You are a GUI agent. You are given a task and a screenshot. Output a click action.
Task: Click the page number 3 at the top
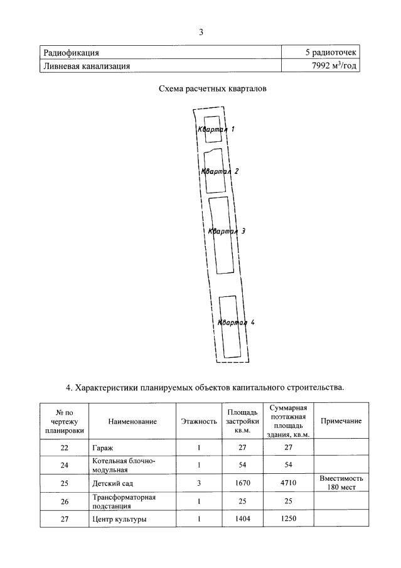pyautogui.click(x=201, y=32)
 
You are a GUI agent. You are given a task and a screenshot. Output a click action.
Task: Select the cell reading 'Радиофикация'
pyautogui.click(x=71, y=53)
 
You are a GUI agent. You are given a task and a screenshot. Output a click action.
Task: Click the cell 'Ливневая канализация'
pyautogui.click(x=87, y=65)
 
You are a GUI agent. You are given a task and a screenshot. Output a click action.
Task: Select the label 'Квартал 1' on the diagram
pyautogui.click(x=216, y=129)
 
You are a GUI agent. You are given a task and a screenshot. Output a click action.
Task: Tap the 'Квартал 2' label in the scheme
pyautogui.click(x=220, y=171)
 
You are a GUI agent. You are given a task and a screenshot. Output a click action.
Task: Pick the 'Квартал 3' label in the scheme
pyautogui.click(x=226, y=231)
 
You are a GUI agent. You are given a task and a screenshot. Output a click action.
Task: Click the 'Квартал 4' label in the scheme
pyautogui.click(x=235, y=323)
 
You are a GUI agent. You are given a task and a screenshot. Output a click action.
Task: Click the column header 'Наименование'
pyautogui.click(x=132, y=422)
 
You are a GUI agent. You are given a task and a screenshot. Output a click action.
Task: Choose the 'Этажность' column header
pyautogui.click(x=198, y=422)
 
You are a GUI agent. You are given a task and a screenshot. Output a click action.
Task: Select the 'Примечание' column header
pyautogui.click(x=341, y=421)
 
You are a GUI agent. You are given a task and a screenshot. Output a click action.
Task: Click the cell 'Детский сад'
pyautogui.click(x=112, y=483)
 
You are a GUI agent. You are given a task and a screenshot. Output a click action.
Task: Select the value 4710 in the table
pyautogui.click(x=287, y=483)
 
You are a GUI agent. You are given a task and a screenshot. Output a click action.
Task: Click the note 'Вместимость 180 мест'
pyautogui.click(x=341, y=483)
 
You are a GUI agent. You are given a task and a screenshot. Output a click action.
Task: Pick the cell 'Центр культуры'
pyautogui.click(x=119, y=519)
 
